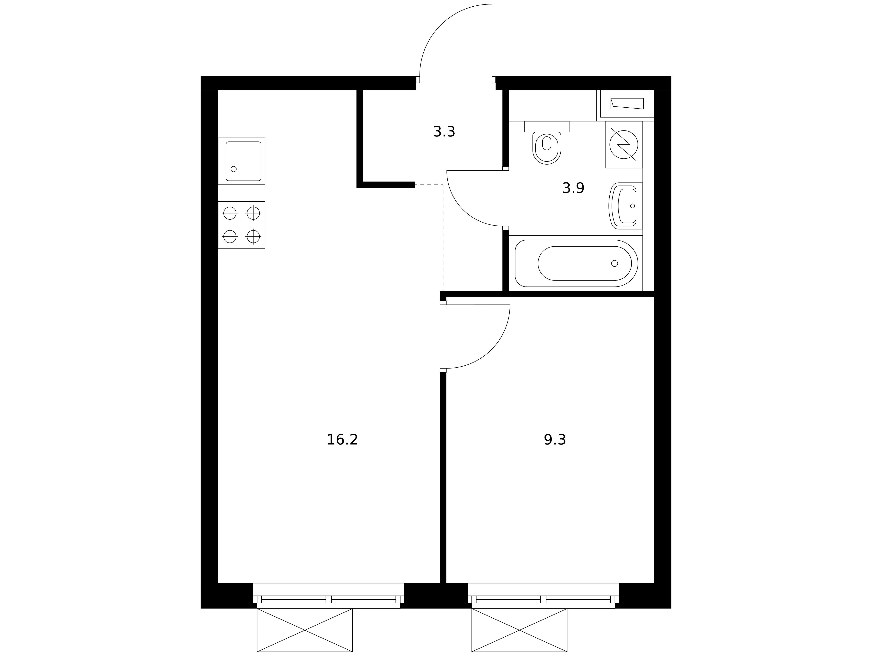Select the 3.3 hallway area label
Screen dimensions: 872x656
[x=444, y=132]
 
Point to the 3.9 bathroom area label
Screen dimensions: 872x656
[x=573, y=188]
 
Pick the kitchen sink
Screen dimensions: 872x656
[x=242, y=161]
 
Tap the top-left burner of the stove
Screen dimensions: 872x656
[x=230, y=213]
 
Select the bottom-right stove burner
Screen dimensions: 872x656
[x=253, y=237]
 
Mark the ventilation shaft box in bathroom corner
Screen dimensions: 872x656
[x=627, y=104]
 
